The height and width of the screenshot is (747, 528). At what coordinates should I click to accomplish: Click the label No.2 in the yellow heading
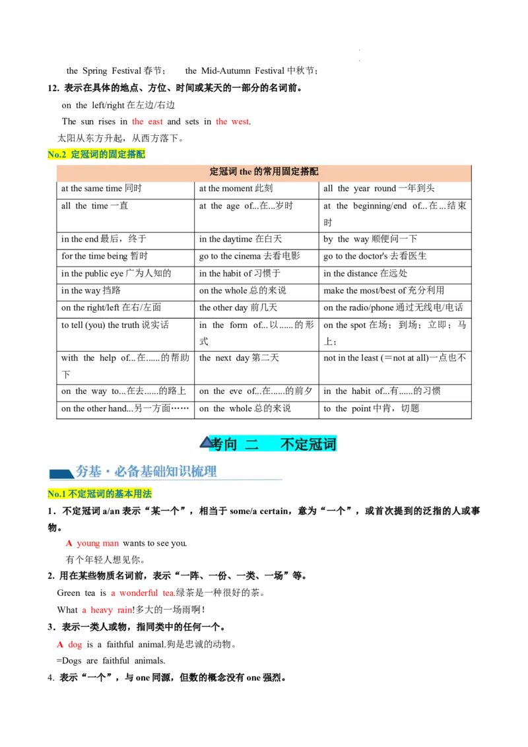[57, 155]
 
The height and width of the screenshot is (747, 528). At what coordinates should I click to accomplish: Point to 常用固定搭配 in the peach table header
[290, 172]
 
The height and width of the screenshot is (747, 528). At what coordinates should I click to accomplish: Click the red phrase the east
[147, 121]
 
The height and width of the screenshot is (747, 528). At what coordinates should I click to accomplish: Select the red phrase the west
[233, 121]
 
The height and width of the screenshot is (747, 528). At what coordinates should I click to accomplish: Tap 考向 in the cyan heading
[225, 444]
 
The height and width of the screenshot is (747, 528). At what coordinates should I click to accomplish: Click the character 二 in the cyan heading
[251, 444]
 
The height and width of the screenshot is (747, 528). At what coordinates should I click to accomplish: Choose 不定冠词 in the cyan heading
[308, 444]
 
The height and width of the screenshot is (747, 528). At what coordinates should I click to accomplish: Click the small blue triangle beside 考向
[206, 441]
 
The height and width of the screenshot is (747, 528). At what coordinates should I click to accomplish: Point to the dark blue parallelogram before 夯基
[61, 473]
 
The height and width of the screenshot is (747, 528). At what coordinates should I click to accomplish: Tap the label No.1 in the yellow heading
[57, 494]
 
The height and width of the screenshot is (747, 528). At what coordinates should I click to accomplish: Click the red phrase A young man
[92, 544]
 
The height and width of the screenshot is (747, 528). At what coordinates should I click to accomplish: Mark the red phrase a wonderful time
[142, 593]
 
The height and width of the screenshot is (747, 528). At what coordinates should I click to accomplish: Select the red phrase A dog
[69, 645]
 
